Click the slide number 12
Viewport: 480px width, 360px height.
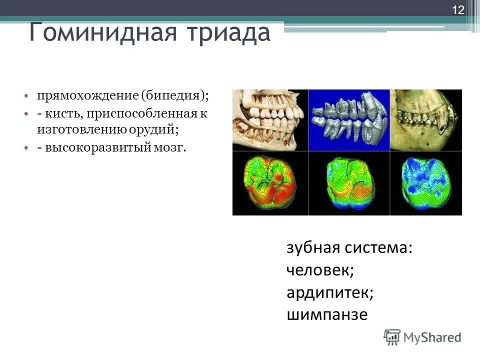point(458,9)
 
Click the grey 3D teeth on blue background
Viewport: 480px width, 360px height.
point(348,120)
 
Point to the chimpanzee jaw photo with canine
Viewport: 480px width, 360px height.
point(425,120)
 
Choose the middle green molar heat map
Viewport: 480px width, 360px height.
point(348,183)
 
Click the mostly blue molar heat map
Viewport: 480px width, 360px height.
point(425,183)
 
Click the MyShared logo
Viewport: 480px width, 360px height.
point(422,337)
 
